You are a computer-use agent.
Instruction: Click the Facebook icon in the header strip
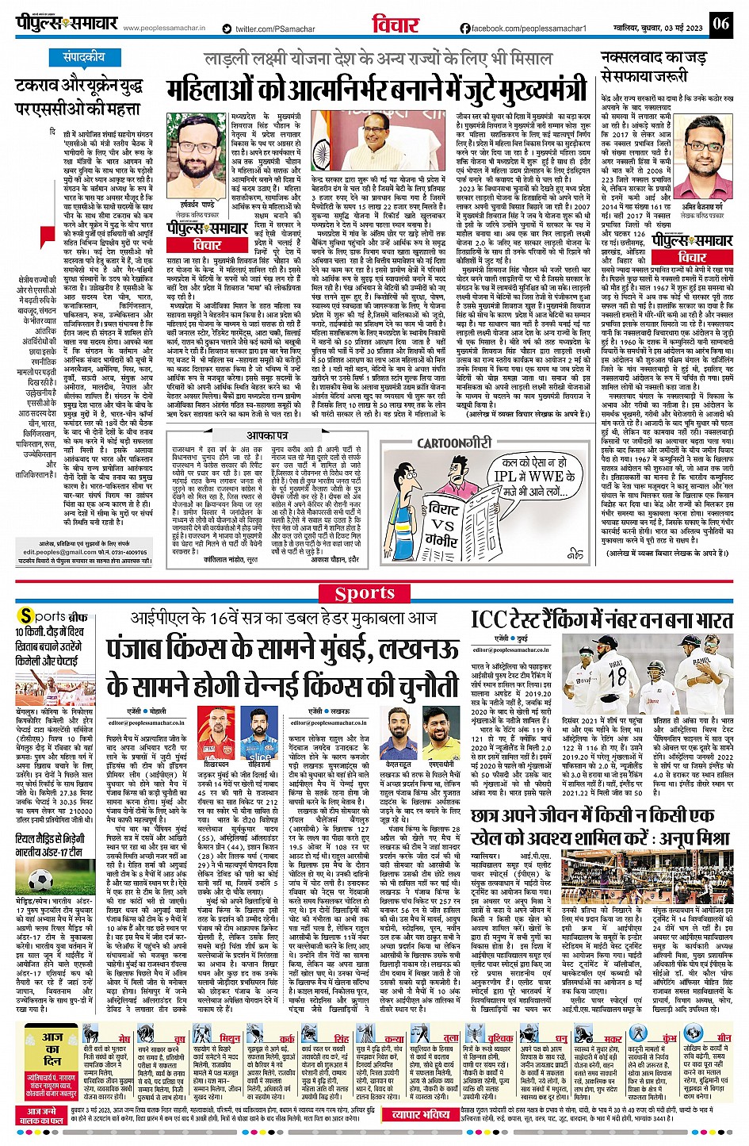465,29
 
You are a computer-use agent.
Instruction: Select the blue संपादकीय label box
85,58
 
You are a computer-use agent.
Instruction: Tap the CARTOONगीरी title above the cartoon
455,443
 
